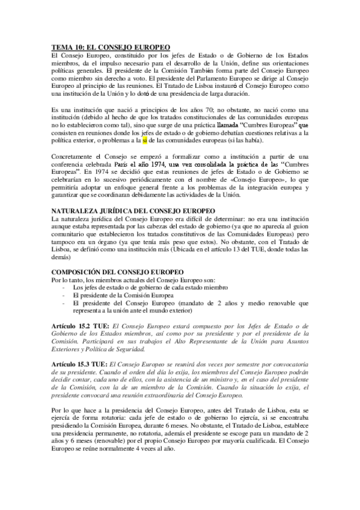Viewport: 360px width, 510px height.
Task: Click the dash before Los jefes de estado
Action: (x=64, y=287)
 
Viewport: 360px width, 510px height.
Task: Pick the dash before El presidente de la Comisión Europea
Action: (x=64, y=295)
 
